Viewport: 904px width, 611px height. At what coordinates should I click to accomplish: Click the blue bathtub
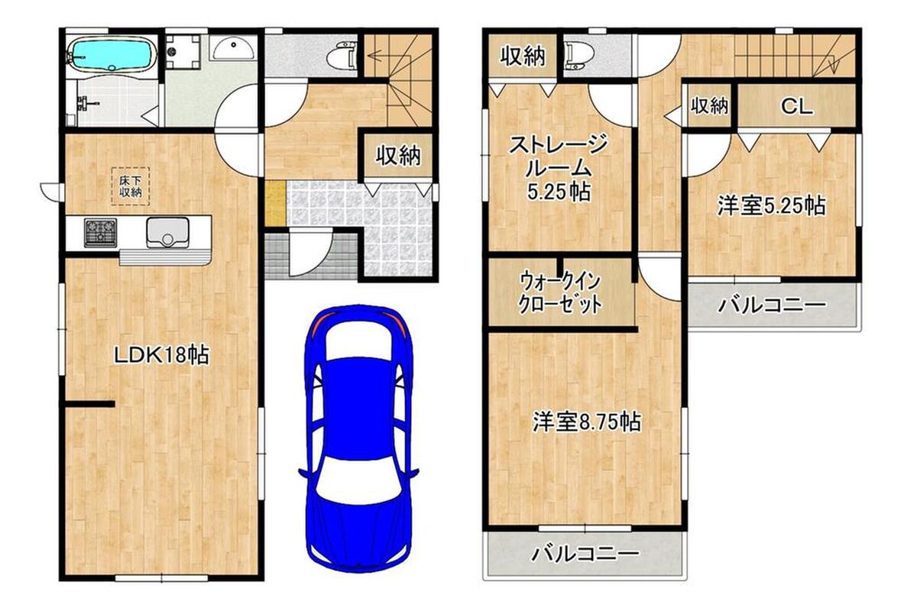tap(112, 54)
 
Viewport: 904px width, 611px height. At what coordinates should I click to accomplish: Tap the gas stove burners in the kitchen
tap(100, 232)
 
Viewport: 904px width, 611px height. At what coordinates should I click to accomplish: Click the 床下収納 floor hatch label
tap(131, 186)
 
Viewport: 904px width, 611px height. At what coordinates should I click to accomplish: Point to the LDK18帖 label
tap(161, 356)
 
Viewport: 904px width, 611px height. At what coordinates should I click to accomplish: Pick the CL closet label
tap(797, 106)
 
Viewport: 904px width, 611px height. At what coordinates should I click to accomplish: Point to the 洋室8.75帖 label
tap(587, 422)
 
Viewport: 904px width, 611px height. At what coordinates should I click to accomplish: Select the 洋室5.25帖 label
tap(771, 205)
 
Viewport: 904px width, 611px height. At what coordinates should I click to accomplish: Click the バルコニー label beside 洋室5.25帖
tap(771, 304)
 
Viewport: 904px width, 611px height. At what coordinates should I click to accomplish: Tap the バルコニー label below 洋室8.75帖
tap(586, 554)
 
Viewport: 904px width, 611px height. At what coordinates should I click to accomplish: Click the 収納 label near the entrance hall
tap(399, 155)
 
